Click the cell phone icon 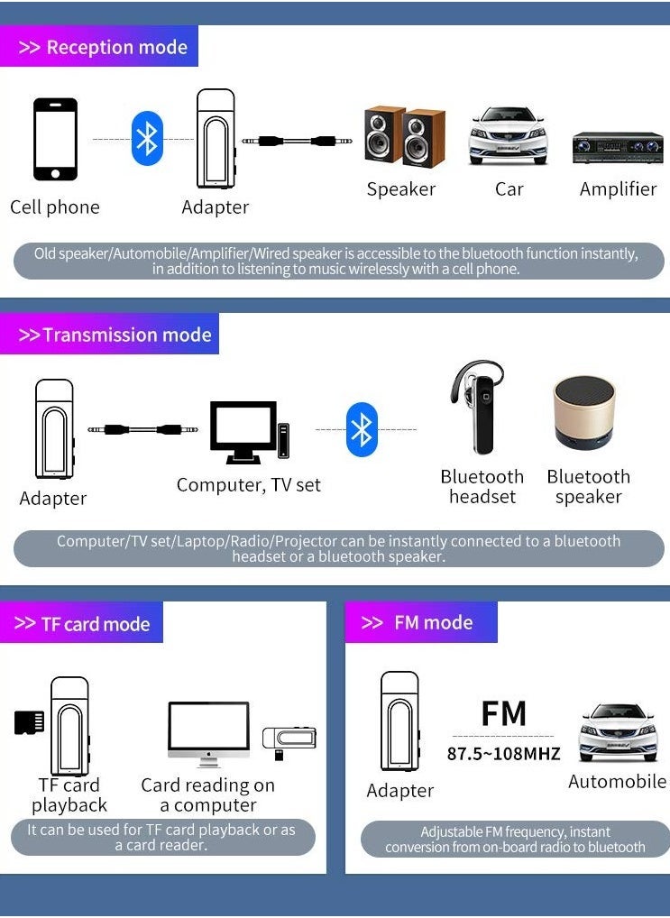[55, 140]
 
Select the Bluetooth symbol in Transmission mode [362, 430]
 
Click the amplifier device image [618, 148]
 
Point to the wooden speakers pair [404, 137]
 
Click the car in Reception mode [508, 137]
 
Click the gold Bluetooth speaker [583, 412]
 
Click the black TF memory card [29, 722]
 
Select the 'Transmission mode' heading [115, 335]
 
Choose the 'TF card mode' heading [83, 624]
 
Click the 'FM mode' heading [420, 623]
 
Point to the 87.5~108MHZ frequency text [503, 754]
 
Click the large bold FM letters [503, 713]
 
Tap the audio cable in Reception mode [298, 141]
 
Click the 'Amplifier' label [618, 189]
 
